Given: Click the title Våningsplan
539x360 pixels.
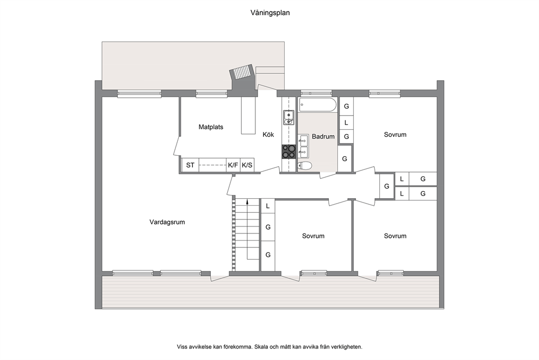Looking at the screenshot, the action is [x=270, y=13].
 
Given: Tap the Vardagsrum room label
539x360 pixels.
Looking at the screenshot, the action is [x=167, y=222].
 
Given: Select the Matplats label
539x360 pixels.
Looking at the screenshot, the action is [x=211, y=127].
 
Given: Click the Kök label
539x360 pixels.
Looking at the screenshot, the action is [x=268, y=135].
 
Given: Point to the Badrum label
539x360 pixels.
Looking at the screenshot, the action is [x=323, y=137].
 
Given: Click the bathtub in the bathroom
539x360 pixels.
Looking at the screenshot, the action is [x=318, y=105].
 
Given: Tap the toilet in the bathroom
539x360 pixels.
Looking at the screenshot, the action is [x=305, y=166].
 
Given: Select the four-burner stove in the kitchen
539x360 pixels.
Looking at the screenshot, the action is [x=289, y=151].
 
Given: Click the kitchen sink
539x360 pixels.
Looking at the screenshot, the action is [x=289, y=117].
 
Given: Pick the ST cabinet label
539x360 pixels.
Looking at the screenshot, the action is [x=190, y=165].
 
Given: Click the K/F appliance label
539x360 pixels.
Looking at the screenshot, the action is [x=233, y=165].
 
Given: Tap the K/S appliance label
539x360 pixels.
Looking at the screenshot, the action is [x=247, y=165].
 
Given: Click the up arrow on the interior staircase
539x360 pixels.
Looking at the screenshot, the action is [x=247, y=229].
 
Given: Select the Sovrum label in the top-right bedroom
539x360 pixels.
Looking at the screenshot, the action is [x=395, y=135].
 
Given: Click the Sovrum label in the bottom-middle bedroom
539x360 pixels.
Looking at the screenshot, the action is [x=313, y=236].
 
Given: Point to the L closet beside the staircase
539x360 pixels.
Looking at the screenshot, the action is [x=268, y=206].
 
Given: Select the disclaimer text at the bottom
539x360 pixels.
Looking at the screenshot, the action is [x=269, y=347].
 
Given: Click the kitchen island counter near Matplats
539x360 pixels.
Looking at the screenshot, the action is [x=248, y=116].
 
